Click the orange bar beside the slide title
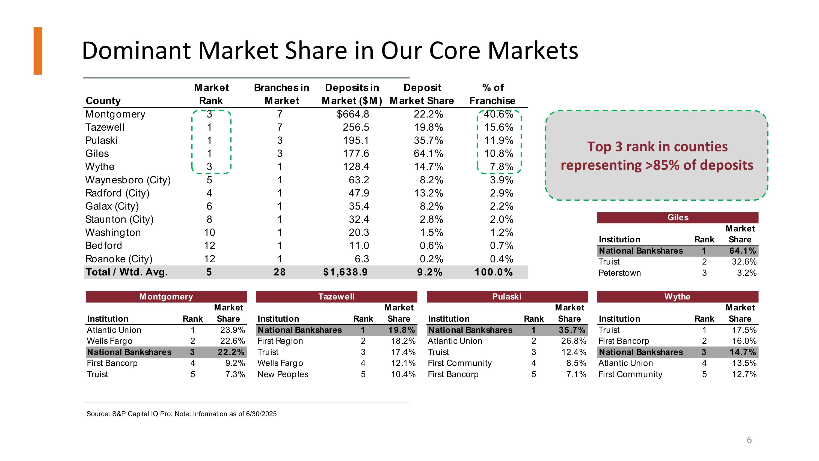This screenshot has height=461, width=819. click(38, 51)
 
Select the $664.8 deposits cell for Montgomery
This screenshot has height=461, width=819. click(353, 114)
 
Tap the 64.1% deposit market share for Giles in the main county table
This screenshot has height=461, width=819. click(428, 154)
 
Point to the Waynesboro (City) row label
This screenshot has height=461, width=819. click(128, 180)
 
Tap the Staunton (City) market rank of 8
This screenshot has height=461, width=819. click(209, 219)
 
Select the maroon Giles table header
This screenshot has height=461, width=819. click(678, 218)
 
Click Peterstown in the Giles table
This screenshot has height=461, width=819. click(619, 273)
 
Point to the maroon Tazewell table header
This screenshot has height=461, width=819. click(336, 297)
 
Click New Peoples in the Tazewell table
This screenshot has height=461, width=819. click(283, 374)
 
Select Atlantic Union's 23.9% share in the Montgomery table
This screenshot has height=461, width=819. click(232, 330)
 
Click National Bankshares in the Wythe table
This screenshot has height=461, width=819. click(641, 352)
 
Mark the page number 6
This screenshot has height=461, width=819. click(749, 440)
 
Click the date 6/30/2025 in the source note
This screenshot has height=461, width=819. click(261, 414)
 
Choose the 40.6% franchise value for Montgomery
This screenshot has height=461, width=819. click(498, 114)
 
